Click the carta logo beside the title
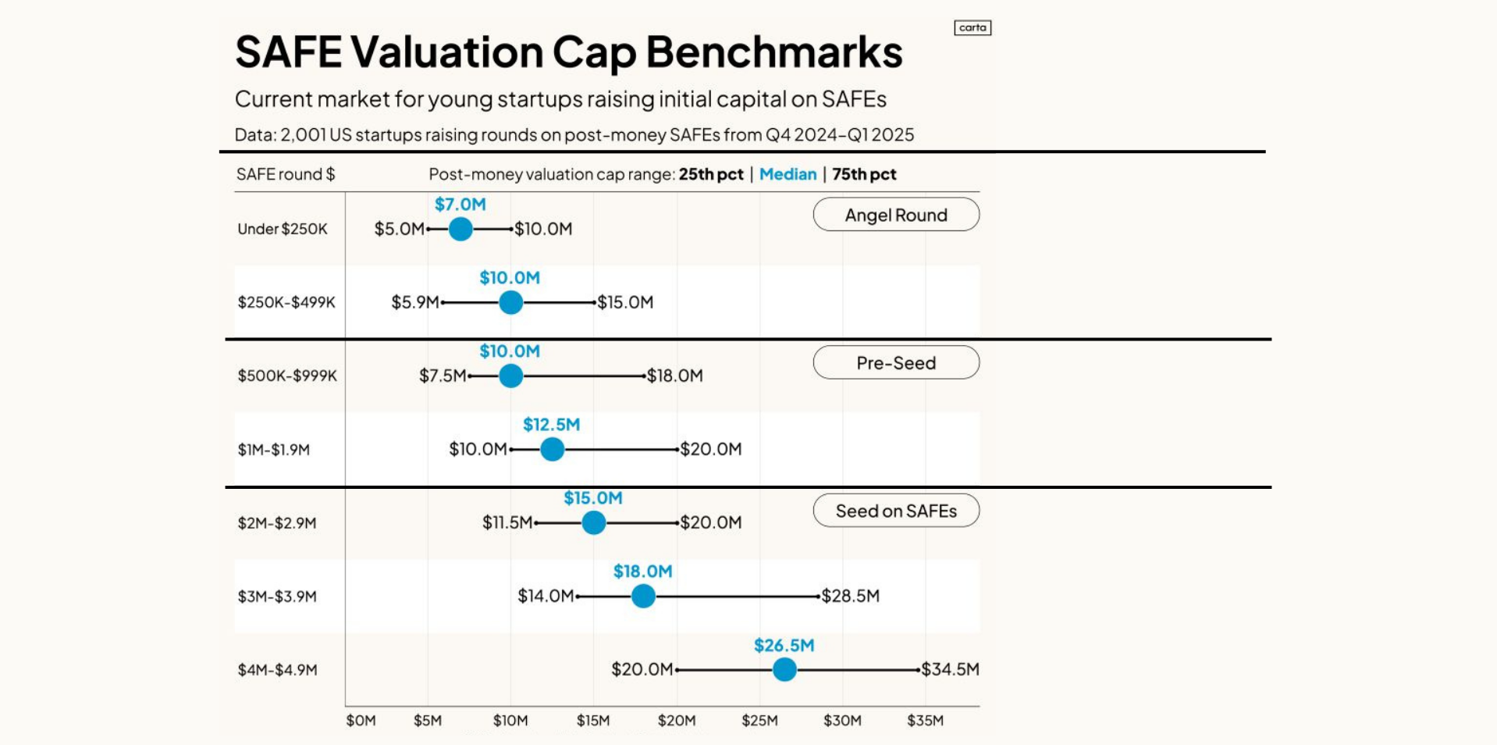point(973,28)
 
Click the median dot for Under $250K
point(460,229)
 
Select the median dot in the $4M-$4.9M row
point(784,669)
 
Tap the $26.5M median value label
point(784,646)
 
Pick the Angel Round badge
point(896,215)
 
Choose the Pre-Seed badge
point(896,363)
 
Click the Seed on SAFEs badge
point(896,511)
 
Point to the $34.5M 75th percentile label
point(950,669)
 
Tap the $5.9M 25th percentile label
point(415,302)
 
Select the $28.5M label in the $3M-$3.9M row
point(850,596)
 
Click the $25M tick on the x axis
point(759,720)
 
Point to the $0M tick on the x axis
point(361,720)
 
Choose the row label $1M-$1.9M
point(274,450)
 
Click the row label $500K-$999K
point(287,376)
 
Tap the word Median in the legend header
point(788,174)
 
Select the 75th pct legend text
point(864,174)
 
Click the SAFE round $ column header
point(286,174)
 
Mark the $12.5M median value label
point(551,425)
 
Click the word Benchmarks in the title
point(774,52)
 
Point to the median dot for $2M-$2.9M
point(593,522)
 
